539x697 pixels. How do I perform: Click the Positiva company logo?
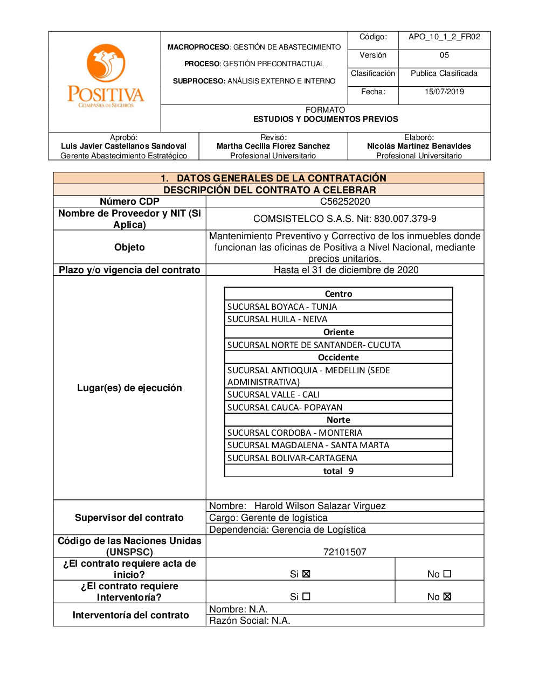(x=106, y=76)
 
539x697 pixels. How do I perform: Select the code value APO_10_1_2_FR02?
(x=444, y=37)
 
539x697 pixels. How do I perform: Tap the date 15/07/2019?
(x=444, y=92)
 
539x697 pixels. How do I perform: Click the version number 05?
(x=444, y=55)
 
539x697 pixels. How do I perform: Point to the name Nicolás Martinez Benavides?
(x=419, y=146)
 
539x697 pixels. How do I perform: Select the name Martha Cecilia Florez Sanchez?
(x=273, y=146)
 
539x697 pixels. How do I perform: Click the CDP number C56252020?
(x=345, y=201)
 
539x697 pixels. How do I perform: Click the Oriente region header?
(x=338, y=332)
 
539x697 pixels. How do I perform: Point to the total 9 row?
(x=338, y=471)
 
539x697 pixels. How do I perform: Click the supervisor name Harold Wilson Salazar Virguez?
(x=320, y=506)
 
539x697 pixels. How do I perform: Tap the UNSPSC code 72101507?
(x=345, y=552)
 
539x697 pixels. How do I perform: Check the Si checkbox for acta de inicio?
(x=306, y=574)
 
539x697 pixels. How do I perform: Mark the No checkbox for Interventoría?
(x=447, y=596)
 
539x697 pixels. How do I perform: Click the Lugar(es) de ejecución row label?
(x=129, y=388)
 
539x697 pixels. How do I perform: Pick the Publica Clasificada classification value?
(x=444, y=73)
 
